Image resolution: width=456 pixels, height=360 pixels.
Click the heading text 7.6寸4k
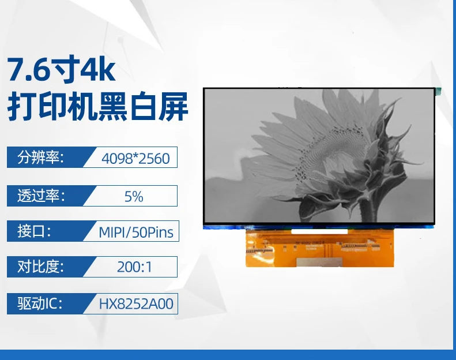pyautogui.click(x=61, y=69)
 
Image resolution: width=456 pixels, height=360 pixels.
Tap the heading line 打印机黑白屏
pyautogui.click(x=98, y=106)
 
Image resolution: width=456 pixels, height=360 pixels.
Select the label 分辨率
pyautogui.click(x=40, y=157)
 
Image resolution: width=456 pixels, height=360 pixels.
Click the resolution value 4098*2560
pyautogui.click(x=135, y=159)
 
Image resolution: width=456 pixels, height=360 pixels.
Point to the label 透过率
pyautogui.click(x=40, y=196)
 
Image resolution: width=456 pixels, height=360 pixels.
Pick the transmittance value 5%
pyautogui.click(x=134, y=197)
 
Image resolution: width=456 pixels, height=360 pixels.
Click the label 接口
pyautogui.click(x=34, y=231)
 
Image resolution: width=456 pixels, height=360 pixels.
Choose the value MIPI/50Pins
pyautogui.click(x=136, y=232)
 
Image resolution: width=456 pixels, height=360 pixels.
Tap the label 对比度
pyautogui.click(x=40, y=267)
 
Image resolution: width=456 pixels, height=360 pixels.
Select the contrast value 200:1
pyautogui.click(x=134, y=267)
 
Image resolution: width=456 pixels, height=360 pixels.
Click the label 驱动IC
pyautogui.click(x=40, y=303)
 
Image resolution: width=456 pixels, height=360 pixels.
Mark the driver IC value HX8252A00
pyautogui.click(x=136, y=304)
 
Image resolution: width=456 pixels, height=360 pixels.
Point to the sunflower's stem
pyautogui.click(x=368, y=209)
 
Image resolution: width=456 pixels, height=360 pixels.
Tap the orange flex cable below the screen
pyautogui.click(x=319, y=248)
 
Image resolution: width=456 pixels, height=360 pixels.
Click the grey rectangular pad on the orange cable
pyautogui.click(x=319, y=262)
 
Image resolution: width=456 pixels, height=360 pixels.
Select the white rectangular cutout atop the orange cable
pyautogui.click(x=319, y=231)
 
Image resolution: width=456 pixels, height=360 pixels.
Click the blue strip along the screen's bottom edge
pyautogui.click(x=319, y=227)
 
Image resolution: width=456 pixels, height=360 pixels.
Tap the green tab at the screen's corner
pyautogui.click(x=438, y=91)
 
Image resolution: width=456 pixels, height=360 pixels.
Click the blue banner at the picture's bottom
pyautogui.click(x=228, y=355)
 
